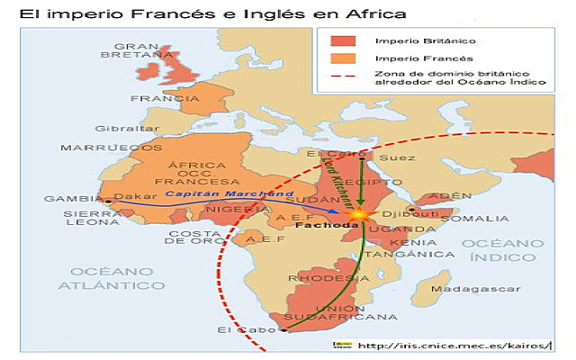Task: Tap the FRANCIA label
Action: tap(152, 98)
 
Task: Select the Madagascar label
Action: tap(461, 289)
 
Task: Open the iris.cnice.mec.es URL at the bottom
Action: tap(452, 345)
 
